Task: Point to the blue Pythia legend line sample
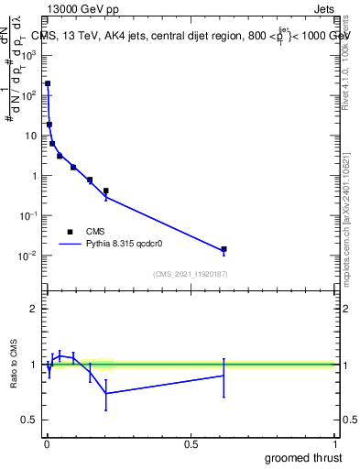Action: (71, 245)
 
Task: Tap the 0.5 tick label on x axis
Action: (191, 444)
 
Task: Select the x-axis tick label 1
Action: (335, 444)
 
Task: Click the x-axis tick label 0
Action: (47, 444)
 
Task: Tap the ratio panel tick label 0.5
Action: (29, 420)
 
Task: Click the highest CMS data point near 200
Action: (48, 83)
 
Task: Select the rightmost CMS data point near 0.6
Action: (224, 249)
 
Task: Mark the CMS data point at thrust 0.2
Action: (106, 191)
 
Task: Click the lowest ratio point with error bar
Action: (106, 393)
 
